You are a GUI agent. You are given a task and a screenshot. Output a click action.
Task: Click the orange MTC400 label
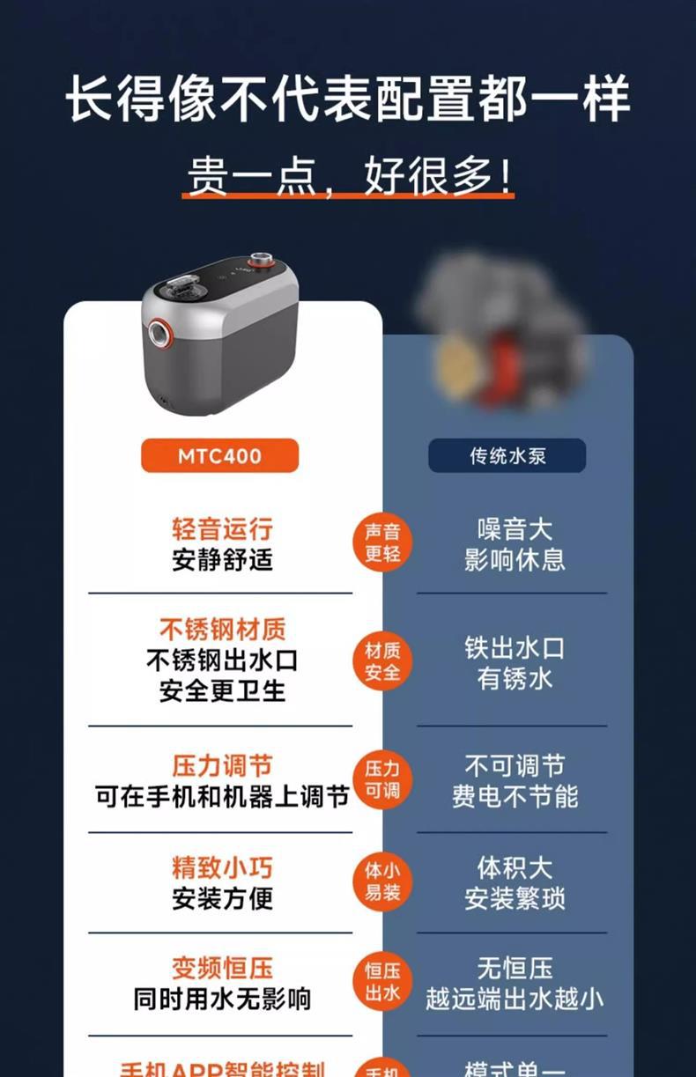coord(219,456)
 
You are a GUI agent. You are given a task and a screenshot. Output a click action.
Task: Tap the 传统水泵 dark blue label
coord(507,456)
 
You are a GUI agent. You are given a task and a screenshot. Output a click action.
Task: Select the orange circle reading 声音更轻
coord(382,542)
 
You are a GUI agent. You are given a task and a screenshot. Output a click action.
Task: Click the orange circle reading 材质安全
coord(382,661)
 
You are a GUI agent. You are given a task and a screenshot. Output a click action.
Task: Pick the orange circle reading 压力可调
coord(382,779)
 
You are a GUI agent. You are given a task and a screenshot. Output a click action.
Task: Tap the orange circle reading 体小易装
coord(382,881)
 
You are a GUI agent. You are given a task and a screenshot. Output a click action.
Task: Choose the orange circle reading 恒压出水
coord(382,982)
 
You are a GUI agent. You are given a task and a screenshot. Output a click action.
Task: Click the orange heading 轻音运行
coord(222,529)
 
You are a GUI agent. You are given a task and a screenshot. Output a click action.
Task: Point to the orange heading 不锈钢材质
coord(222,630)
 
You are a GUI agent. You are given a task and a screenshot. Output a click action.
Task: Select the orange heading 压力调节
coord(222,764)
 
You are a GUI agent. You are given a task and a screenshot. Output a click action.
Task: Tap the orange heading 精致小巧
coord(222,867)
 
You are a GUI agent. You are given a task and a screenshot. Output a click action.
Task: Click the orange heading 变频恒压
coord(222,969)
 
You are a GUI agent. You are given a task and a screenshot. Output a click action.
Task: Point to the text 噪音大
coord(515,529)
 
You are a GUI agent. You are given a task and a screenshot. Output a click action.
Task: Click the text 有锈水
coord(515,679)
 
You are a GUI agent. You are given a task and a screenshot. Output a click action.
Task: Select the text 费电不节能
coord(515,796)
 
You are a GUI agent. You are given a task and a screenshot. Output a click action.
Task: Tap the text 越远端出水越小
coord(515,999)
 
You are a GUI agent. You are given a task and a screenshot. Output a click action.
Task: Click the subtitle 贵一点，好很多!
coord(349,176)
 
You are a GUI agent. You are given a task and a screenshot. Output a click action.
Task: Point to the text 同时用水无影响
coord(222,999)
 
